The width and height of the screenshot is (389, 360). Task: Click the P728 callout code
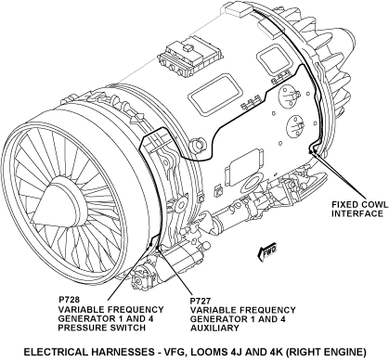point(69,300)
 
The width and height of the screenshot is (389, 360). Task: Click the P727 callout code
point(201,301)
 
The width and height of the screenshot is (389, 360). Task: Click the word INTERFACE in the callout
point(357,213)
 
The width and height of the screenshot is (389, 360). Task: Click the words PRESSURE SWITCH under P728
point(101,328)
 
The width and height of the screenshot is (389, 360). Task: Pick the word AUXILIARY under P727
point(214,328)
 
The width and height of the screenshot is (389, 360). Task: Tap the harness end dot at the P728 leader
point(150,244)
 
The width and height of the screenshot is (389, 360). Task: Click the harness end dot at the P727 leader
point(157,247)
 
